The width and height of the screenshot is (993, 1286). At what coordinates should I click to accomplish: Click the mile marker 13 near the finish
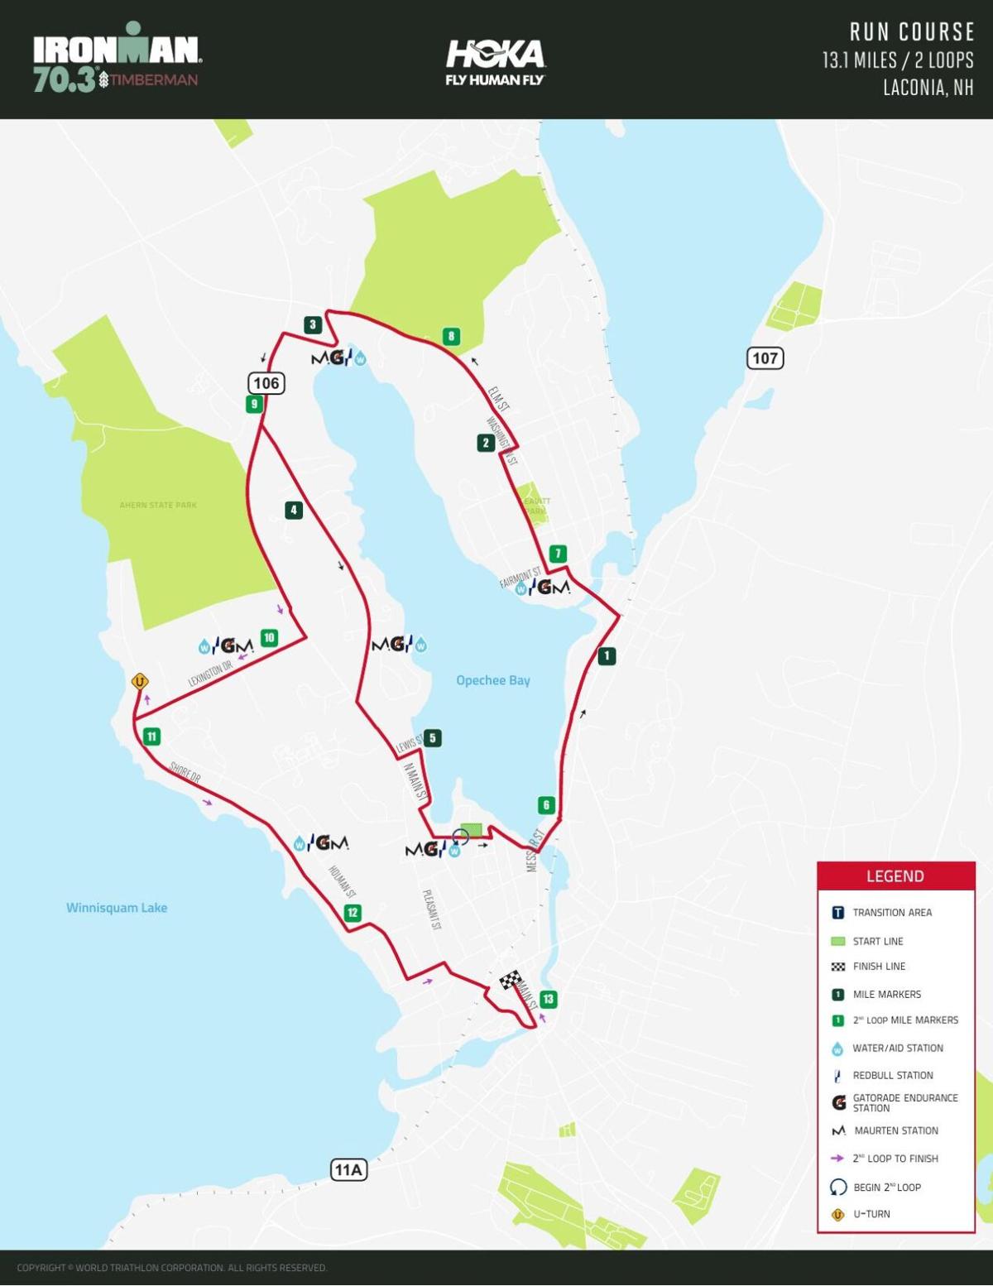pos(548,999)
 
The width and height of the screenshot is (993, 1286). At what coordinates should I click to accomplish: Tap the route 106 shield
pos(266,383)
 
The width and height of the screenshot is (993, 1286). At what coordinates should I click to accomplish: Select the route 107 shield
pos(765,358)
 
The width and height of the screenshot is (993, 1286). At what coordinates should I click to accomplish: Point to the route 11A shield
pos(348,1169)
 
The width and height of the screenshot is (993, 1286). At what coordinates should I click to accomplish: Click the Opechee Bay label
pos(493,680)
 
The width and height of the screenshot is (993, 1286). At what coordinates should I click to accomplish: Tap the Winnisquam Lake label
pos(117,908)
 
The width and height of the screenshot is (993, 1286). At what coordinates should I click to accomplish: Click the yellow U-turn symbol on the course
pos(140,682)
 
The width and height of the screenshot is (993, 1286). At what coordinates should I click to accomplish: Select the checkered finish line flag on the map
pos(511,980)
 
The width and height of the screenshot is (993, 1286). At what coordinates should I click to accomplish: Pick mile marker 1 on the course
pos(607,656)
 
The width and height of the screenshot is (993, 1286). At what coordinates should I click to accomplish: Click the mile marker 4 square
pos(293,511)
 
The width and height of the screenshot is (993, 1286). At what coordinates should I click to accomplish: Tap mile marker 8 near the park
pos(451,336)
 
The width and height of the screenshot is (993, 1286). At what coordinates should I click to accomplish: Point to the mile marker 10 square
pos(269,638)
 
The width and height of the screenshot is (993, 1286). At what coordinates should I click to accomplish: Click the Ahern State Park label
pos(158,505)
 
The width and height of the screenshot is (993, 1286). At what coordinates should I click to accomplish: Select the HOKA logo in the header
pos(495,61)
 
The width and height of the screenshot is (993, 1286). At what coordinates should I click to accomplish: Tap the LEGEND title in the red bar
pos(895,876)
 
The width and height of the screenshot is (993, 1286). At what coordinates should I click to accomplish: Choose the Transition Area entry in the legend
pos(891,913)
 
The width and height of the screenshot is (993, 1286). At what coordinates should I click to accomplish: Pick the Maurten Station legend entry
pos(895,1130)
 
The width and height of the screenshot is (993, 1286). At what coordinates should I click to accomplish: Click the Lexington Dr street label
pos(210,674)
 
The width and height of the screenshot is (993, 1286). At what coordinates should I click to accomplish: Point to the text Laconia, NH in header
pos(928,88)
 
